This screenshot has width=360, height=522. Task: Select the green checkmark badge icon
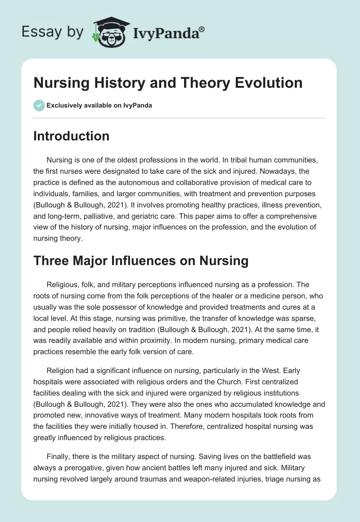[39, 105]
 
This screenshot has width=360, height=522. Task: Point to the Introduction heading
[72, 136]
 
